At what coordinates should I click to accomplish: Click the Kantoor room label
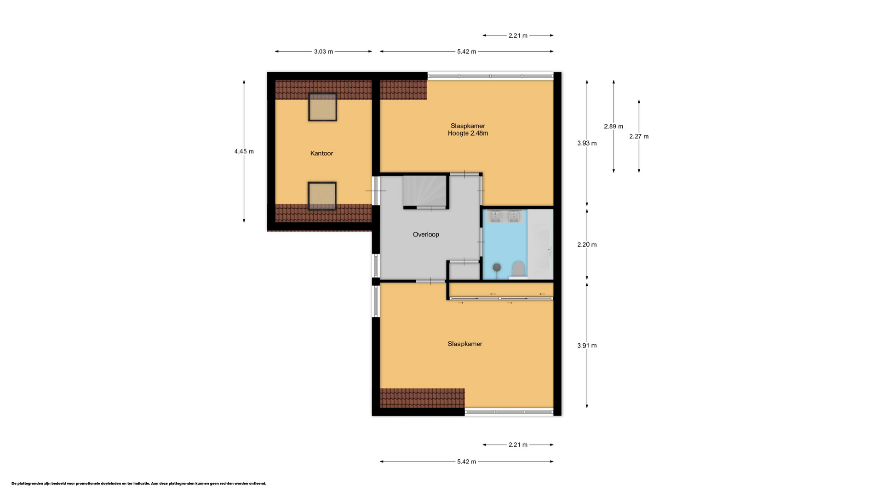(x=321, y=153)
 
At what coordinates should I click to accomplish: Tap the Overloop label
(x=426, y=234)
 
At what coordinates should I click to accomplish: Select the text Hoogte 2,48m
(x=468, y=133)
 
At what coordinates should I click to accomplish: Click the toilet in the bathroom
(x=518, y=270)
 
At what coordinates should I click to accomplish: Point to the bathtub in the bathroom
(x=540, y=244)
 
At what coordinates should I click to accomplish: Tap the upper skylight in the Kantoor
(x=322, y=107)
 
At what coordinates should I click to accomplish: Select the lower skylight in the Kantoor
(x=322, y=196)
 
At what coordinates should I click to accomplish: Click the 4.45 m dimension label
(x=244, y=151)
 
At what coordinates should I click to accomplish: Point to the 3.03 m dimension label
(x=323, y=52)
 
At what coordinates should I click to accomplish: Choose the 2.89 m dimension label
(x=614, y=126)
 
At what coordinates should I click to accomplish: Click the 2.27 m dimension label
(x=639, y=136)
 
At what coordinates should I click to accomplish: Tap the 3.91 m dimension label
(x=587, y=346)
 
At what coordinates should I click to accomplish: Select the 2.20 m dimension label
(x=587, y=244)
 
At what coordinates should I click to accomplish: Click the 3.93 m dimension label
(x=587, y=143)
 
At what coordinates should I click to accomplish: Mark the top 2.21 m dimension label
(x=518, y=35)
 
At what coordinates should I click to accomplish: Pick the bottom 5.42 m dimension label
(x=466, y=462)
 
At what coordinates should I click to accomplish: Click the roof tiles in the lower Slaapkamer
(x=422, y=398)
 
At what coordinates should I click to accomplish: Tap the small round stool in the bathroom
(x=497, y=267)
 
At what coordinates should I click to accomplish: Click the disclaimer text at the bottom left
(x=139, y=484)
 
